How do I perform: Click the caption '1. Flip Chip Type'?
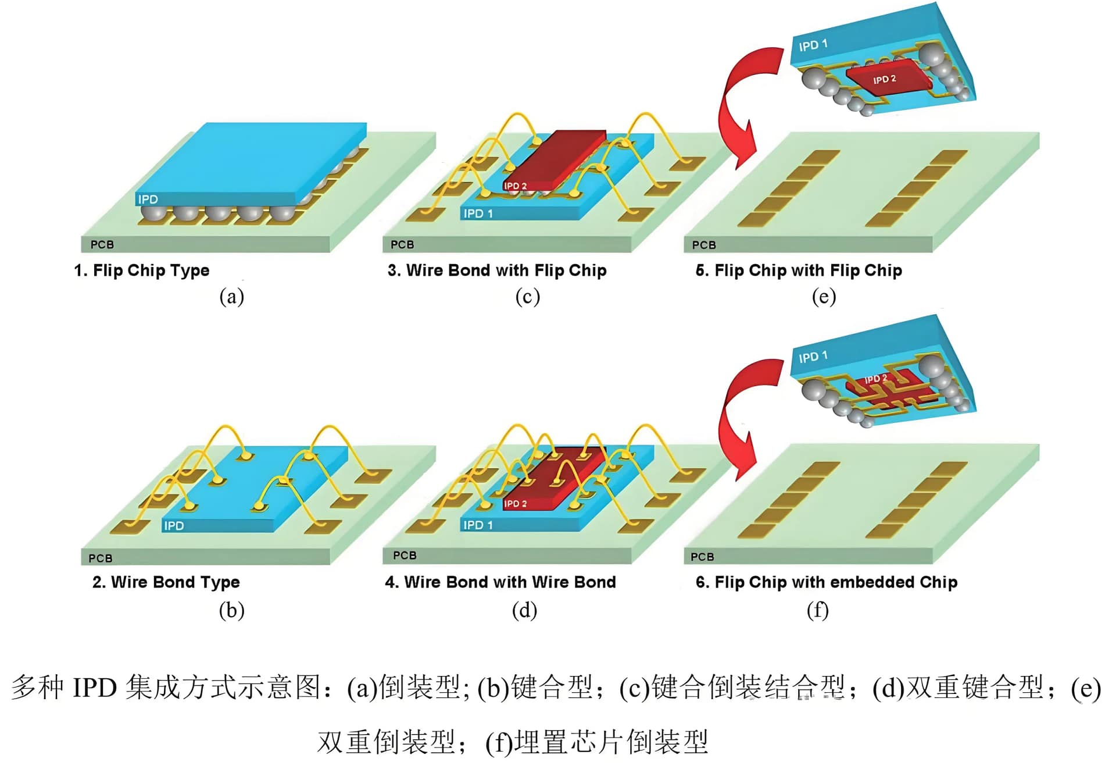pyautogui.click(x=142, y=270)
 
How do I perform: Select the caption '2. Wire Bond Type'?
pyautogui.click(x=166, y=582)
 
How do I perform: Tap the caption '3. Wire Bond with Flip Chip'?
pyautogui.click(x=497, y=270)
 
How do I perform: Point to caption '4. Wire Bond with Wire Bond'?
pyautogui.click(x=500, y=582)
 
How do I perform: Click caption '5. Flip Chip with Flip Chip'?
pyautogui.click(x=799, y=270)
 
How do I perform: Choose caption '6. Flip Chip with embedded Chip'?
pyautogui.click(x=826, y=582)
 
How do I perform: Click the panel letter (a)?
pyautogui.click(x=231, y=297)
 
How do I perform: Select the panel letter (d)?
pyautogui.click(x=524, y=610)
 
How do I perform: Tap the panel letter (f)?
pyautogui.click(x=817, y=610)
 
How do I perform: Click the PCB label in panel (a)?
pyautogui.click(x=102, y=245)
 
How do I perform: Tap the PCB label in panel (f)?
pyautogui.click(x=702, y=557)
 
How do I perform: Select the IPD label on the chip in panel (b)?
pyautogui.click(x=174, y=526)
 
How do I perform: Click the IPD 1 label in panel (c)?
pyautogui.click(x=478, y=214)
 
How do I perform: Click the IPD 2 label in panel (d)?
pyautogui.click(x=515, y=504)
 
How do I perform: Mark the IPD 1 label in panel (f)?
pyautogui.click(x=813, y=357)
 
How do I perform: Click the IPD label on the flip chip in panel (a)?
pyautogui.click(x=148, y=200)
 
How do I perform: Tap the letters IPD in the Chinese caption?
pyautogui.click(x=95, y=688)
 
